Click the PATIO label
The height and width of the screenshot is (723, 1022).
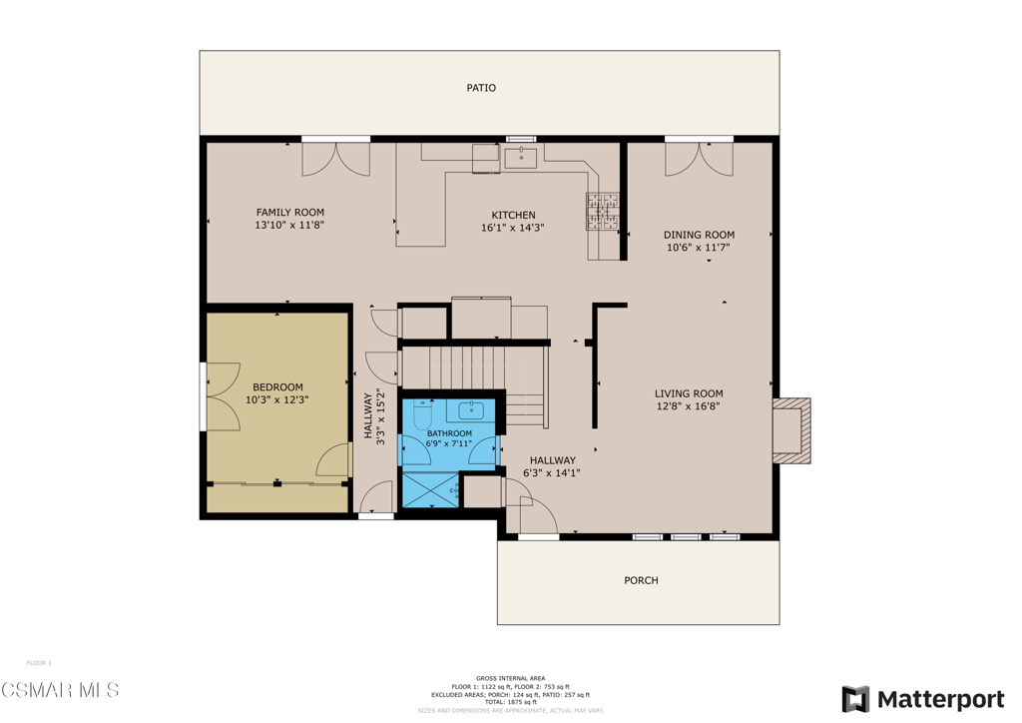pyautogui.click(x=481, y=88)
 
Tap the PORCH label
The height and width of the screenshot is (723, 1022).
pyautogui.click(x=641, y=580)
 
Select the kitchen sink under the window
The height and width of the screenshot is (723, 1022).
pyautogui.click(x=521, y=157)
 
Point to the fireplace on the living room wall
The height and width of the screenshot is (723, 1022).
pyautogui.click(x=791, y=430)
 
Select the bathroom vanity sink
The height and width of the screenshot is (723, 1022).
pyautogui.click(x=471, y=410)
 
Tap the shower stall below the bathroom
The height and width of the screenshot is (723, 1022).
pyautogui.click(x=429, y=490)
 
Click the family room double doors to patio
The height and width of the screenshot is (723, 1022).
pyautogui.click(x=336, y=158)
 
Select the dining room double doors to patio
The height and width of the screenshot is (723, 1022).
pyautogui.click(x=700, y=158)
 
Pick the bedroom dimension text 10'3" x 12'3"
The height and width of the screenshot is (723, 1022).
pyautogui.click(x=277, y=400)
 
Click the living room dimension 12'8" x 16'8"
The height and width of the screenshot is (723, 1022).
pyautogui.click(x=689, y=406)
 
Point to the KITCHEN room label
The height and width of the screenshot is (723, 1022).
pyautogui.click(x=513, y=215)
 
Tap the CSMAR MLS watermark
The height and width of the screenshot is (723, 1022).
pyautogui.click(x=60, y=690)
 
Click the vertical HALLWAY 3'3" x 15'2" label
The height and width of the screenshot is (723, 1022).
pyautogui.click(x=374, y=417)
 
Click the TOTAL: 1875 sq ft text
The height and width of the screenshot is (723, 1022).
pyautogui.click(x=511, y=702)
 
